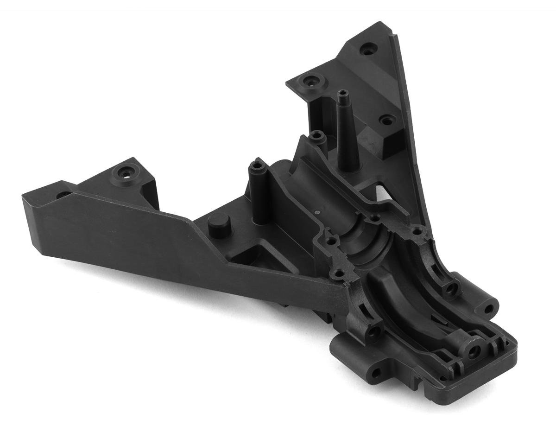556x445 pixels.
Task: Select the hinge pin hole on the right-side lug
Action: click(488, 308)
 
